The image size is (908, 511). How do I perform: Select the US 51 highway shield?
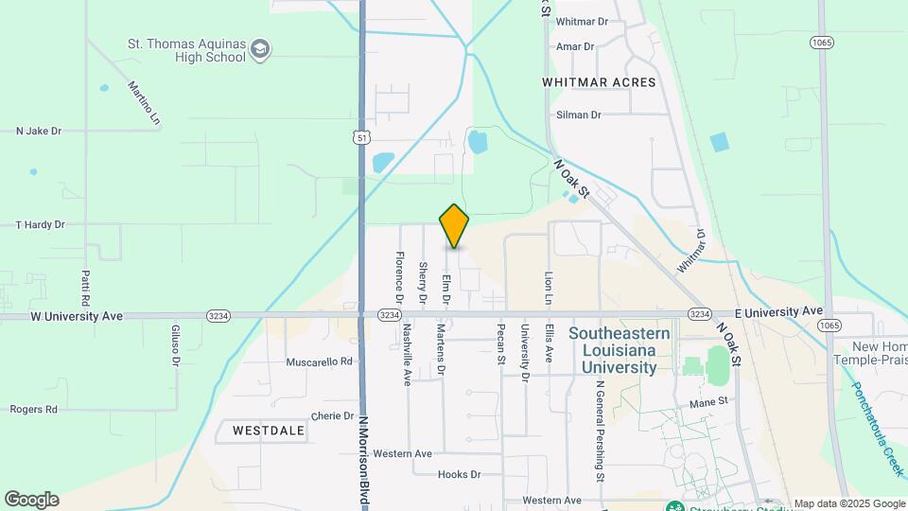tap(362, 138)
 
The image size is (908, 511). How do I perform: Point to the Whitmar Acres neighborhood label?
tap(599, 82)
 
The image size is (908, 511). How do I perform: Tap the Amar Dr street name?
tap(575, 46)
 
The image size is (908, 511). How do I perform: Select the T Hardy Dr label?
tap(40, 225)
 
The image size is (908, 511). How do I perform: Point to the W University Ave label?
tap(77, 316)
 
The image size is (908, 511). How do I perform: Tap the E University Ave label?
tap(778, 311)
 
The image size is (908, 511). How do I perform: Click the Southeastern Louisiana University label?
tap(620, 350)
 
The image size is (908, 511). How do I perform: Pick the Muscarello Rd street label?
tap(320, 361)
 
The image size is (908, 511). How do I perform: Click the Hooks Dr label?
tap(460, 474)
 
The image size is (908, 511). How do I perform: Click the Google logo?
tap(31, 500)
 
